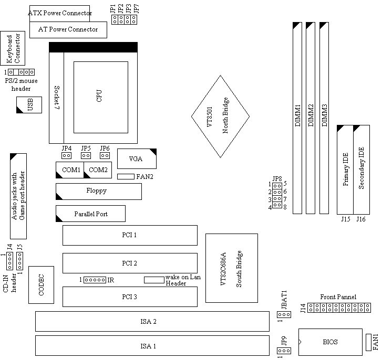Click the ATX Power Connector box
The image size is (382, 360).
(59, 13)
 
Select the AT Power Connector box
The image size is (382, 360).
(68, 29)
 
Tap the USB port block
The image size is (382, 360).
(29, 104)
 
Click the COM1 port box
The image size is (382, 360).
(69, 170)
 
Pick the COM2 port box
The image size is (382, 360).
(98, 170)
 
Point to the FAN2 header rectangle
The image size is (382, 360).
(126, 176)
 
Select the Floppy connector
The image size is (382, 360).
(98, 191)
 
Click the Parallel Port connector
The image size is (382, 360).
(90, 214)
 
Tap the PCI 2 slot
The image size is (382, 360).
(130, 263)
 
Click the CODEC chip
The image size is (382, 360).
(42, 284)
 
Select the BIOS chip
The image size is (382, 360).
(331, 342)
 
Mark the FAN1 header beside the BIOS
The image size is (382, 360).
(368, 342)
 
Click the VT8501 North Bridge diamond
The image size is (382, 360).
(219, 117)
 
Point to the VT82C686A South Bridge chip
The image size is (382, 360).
(232, 268)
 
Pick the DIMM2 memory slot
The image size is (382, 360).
(311, 118)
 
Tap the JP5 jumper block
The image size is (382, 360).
(86, 155)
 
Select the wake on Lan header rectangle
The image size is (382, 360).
(154, 280)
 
